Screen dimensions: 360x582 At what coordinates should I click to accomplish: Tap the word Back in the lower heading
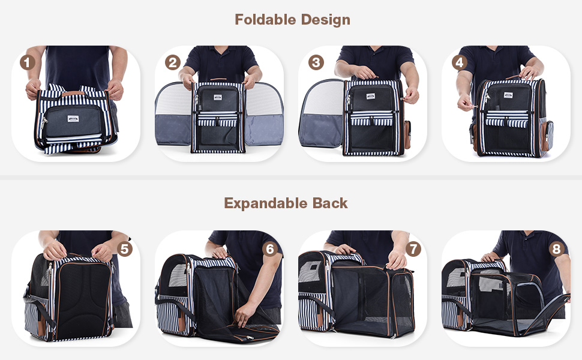(x=330, y=203)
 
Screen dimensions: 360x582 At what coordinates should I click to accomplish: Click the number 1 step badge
(x=27, y=62)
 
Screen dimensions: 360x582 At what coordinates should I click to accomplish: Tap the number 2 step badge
(x=173, y=62)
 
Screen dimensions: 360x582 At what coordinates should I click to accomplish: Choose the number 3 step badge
(x=317, y=62)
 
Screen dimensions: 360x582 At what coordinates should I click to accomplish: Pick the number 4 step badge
(x=460, y=62)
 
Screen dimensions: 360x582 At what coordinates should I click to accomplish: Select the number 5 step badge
(x=124, y=248)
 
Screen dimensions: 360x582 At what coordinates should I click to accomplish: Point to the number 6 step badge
(x=270, y=248)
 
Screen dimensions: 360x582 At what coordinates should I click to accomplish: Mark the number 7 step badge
(x=413, y=248)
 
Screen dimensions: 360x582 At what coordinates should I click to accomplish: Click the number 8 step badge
(x=556, y=248)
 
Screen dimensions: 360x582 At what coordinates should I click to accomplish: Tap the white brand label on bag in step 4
(x=508, y=96)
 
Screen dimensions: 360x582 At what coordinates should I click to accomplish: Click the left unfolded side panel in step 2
(x=173, y=114)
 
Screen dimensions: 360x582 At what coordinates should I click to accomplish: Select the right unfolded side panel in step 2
(x=264, y=114)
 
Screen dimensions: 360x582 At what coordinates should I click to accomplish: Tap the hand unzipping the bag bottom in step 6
(x=245, y=311)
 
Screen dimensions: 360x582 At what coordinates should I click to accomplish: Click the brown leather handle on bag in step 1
(x=73, y=93)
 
